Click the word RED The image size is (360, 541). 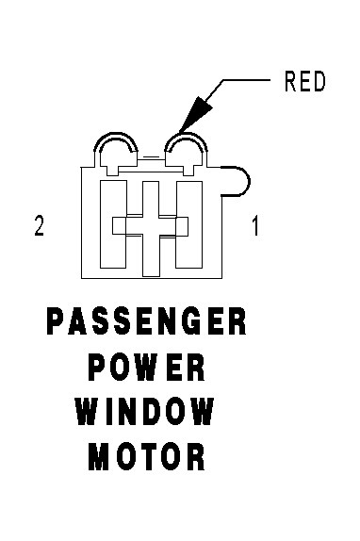tap(304, 81)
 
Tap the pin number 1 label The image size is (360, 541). tap(255, 225)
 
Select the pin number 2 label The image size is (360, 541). tap(39, 225)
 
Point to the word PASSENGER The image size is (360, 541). tap(147, 321)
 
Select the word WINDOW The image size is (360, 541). tap(145, 412)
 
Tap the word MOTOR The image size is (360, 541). tap(147, 457)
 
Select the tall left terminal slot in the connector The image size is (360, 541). tap(113, 224)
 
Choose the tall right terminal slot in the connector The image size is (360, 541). tap(189, 224)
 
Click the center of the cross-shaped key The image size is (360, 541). tap(151, 227)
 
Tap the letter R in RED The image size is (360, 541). tap(290, 81)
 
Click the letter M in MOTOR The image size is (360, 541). tap(96, 457)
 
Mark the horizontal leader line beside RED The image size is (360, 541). tap(246, 80)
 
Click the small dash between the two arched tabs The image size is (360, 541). tap(151, 157)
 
